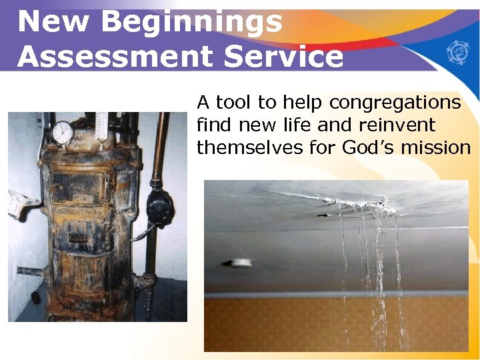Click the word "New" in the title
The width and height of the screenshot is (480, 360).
tap(51, 22)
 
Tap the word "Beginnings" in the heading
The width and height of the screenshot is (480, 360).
tap(191, 22)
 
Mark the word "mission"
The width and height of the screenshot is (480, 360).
tap(438, 147)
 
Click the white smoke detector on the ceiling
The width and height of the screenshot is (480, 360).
tap(241, 263)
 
